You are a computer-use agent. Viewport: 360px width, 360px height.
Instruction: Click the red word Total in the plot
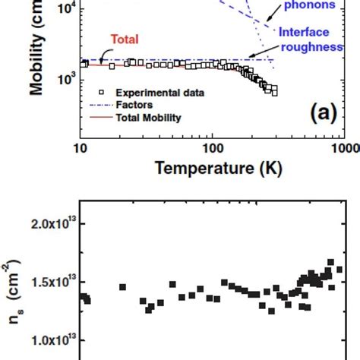pyautogui.click(x=125, y=39)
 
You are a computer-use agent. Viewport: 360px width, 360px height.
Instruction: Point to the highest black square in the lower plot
pyautogui.click(x=331, y=263)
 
